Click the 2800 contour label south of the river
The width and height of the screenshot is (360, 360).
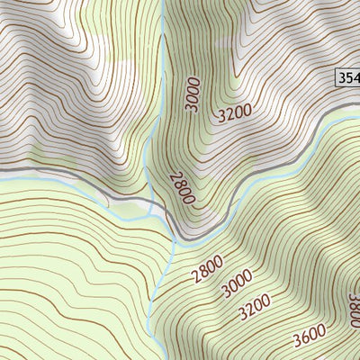[207, 269]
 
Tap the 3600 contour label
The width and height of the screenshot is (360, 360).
[309, 337]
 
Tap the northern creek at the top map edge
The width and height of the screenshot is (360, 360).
[162, 3]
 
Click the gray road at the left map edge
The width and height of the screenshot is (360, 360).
[3, 168]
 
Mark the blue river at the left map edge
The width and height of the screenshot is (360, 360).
[3, 179]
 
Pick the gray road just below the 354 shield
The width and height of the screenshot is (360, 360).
[346, 106]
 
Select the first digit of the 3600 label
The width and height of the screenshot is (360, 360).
[296, 343]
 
